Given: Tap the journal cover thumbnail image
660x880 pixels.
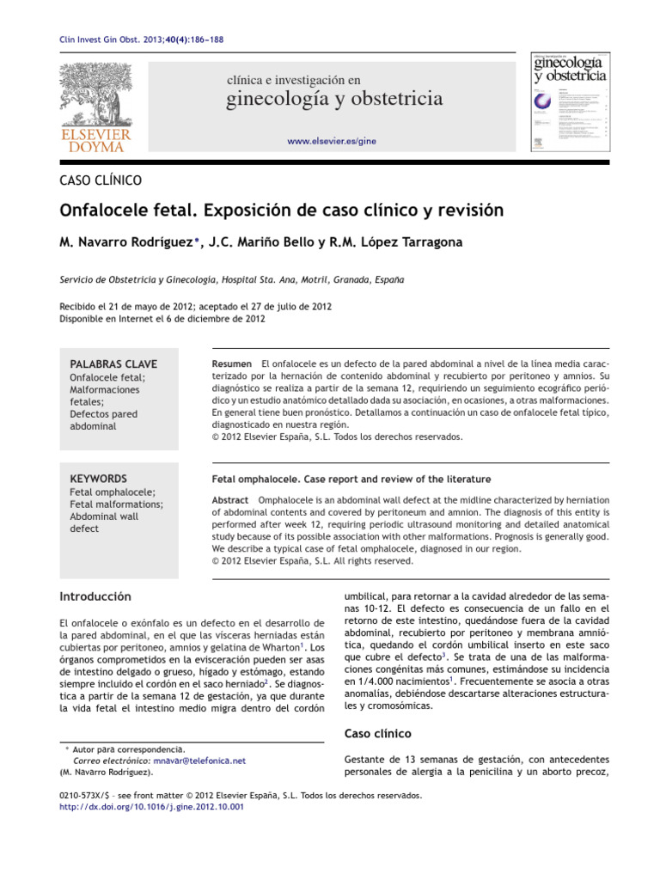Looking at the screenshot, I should [x=566, y=102].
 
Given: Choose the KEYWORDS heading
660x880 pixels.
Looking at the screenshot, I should [x=98, y=478].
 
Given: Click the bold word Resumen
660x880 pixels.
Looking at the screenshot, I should [x=231, y=364].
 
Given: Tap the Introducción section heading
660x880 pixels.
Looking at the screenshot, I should [x=95, y=596].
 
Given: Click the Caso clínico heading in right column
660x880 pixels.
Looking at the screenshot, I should [x=377, y=733].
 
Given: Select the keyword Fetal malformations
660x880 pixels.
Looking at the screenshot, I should [x=116, y=504].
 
